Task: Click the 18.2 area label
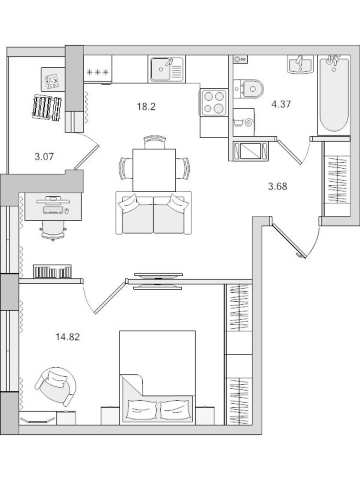point(146,106)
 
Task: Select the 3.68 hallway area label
point(277,186)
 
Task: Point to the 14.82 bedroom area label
point(68,337)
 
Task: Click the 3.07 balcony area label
point(44,157)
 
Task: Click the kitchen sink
point(167,69)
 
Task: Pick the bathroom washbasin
point(299,64)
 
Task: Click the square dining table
point(154,169)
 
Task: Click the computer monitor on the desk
point(52,201)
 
